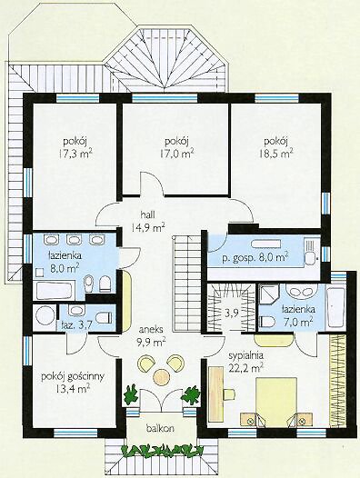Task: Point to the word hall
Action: coord(147,214)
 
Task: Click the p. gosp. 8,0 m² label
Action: coord(255,258)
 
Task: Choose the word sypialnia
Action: coord(245,355)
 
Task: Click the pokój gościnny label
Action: coord(73,376)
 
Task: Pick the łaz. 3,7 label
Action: coord(76,324)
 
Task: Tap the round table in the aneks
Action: coord(161,376)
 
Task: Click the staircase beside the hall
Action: coord(186,284)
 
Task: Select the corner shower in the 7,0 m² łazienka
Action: coord(269,294)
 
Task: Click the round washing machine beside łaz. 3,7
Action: coord(45,316)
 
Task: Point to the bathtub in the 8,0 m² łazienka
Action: coord(55,291)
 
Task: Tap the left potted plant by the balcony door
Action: coord(131,393)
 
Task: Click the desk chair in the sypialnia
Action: coord(230,393)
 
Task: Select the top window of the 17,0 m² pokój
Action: coord(165,98)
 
